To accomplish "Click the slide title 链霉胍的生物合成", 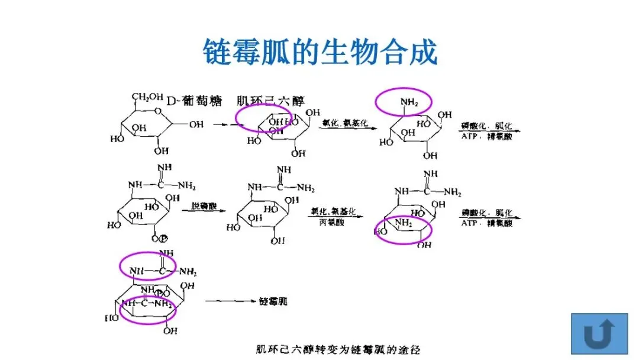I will pos(319,52).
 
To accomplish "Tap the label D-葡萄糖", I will pos(195,101).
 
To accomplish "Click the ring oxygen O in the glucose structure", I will pos(156,110).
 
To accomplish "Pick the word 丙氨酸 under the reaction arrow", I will pos(331,222).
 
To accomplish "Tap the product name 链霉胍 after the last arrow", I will pos(273,301).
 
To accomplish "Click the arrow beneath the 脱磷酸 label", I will pos(201,214).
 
